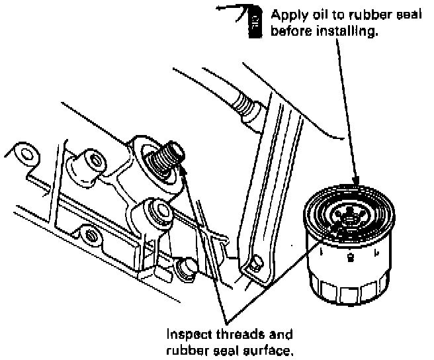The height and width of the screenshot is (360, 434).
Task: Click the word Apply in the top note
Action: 286,13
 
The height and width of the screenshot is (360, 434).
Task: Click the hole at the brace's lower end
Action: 252,268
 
